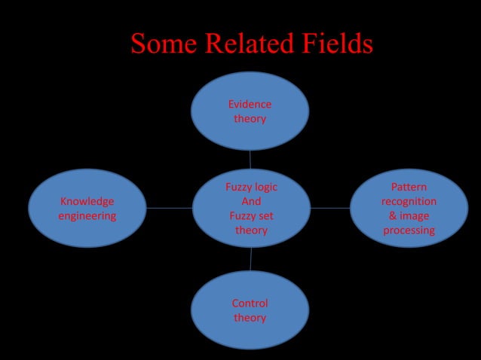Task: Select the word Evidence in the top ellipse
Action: [250, 104]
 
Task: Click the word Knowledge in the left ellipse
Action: [87, 201]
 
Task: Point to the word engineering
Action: [87, 215]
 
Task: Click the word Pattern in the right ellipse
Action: [409, 187]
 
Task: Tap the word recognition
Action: [409, 201]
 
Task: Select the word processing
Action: [409, 230]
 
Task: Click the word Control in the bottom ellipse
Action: [250, 303]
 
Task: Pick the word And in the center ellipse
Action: [251, 201]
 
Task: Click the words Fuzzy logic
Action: [251, 187]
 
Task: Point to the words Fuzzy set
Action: [251, 215]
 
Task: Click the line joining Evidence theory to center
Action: [250, 159]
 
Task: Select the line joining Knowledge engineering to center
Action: [169, 208]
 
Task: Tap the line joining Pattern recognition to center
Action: [330, 208]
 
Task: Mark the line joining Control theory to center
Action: [250, 259]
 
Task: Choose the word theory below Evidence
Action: [250, 118]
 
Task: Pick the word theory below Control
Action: [250, 317]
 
